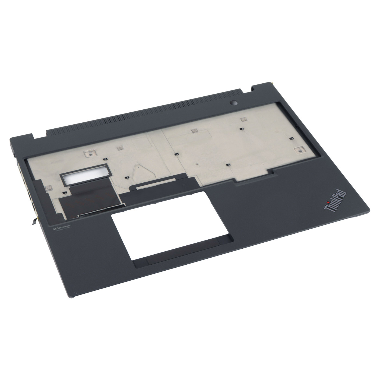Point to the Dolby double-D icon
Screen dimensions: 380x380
[54, 229]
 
